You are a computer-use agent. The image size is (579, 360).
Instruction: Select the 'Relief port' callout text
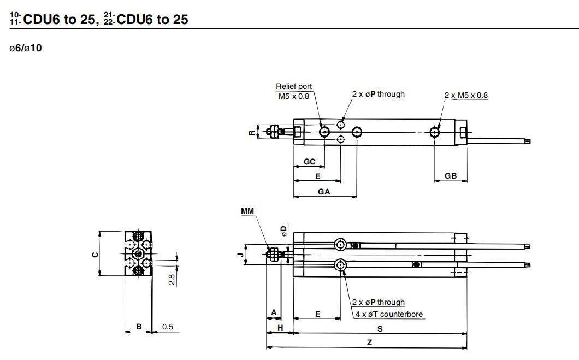[x=294, y=86]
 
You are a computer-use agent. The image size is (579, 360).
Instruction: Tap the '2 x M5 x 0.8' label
[x=465, y=95]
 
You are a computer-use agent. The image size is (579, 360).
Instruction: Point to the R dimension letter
[x=251, y=132]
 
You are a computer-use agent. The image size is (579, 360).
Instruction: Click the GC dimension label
[x=309, y=162]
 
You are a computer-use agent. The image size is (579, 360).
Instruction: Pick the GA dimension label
[x=324, y=192]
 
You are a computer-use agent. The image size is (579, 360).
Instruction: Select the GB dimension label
[x=451, y=176]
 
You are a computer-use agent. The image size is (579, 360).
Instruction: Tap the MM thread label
[x=247, y=210]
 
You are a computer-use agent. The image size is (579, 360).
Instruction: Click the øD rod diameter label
[x=283, y=230]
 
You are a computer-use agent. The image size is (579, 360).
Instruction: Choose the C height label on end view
[x=94, y=254]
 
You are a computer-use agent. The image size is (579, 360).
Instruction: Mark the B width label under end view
[x=139, y=327]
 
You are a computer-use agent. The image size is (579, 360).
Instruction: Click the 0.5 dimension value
[x=167, y=327]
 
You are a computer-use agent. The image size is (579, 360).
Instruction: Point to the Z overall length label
[x=369, y=341]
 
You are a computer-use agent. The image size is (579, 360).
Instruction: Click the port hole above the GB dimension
[x=435, y=132]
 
